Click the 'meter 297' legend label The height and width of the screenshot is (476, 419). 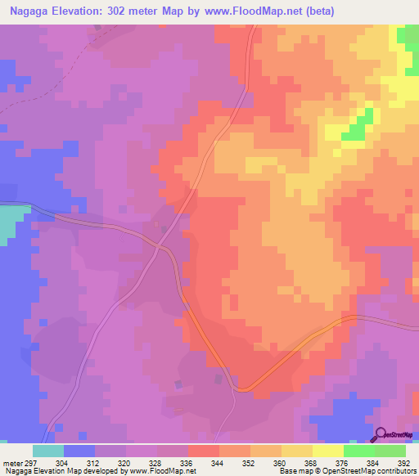(x=17, y=463)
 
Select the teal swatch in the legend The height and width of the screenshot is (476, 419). (x=48, y=451)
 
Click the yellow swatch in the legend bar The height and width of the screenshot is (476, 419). (x=328, y=451)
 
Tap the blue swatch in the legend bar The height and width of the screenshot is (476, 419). (x=79, y=451)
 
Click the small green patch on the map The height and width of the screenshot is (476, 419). (x=354, y=129)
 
